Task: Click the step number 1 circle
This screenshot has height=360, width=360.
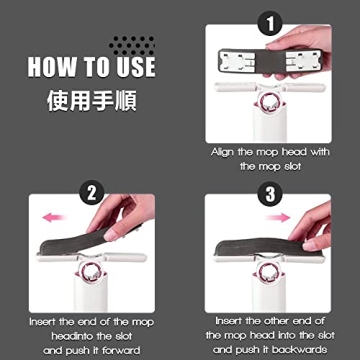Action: pos(266,20)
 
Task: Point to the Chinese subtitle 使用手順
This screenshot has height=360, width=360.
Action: pos(91,101)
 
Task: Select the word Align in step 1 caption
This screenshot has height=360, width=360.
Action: pos(226,152)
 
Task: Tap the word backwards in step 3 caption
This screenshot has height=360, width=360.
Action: pos(306,352)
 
